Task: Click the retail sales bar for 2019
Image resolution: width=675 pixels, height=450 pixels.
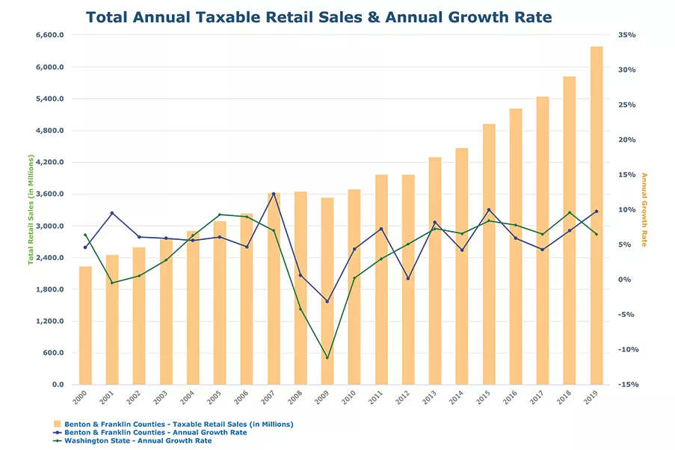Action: [597, 216]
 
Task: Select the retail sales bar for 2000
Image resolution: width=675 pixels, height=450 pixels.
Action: [85, 326]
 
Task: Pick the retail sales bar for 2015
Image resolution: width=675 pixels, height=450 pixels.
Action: [489, 254]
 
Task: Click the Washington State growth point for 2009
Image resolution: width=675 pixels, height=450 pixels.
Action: [327, 357]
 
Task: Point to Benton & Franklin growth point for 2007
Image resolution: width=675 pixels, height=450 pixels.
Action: [274, 194]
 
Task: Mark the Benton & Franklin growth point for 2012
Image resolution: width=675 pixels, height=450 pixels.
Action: [408, 278]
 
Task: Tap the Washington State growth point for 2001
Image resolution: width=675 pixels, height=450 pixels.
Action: [112, 283]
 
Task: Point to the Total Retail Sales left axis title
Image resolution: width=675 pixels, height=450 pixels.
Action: [31, 210]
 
